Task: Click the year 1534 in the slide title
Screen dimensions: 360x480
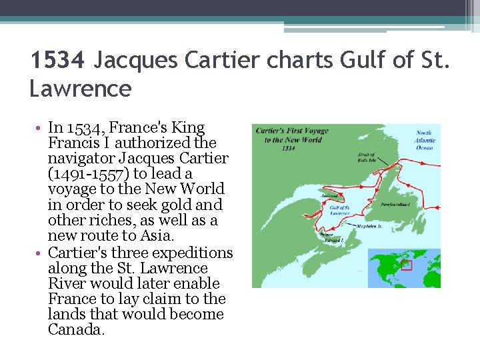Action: (58, 61)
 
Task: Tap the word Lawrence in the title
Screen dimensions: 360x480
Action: (81, 88)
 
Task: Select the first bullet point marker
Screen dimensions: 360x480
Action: (41, 128)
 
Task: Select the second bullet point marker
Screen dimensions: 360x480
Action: (41, 253)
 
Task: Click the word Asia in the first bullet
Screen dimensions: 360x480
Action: (155, 236)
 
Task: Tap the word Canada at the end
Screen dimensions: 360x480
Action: (76, 329)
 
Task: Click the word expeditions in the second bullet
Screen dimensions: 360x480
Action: (193, 253)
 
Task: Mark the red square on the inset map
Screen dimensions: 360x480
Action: (407, 265)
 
